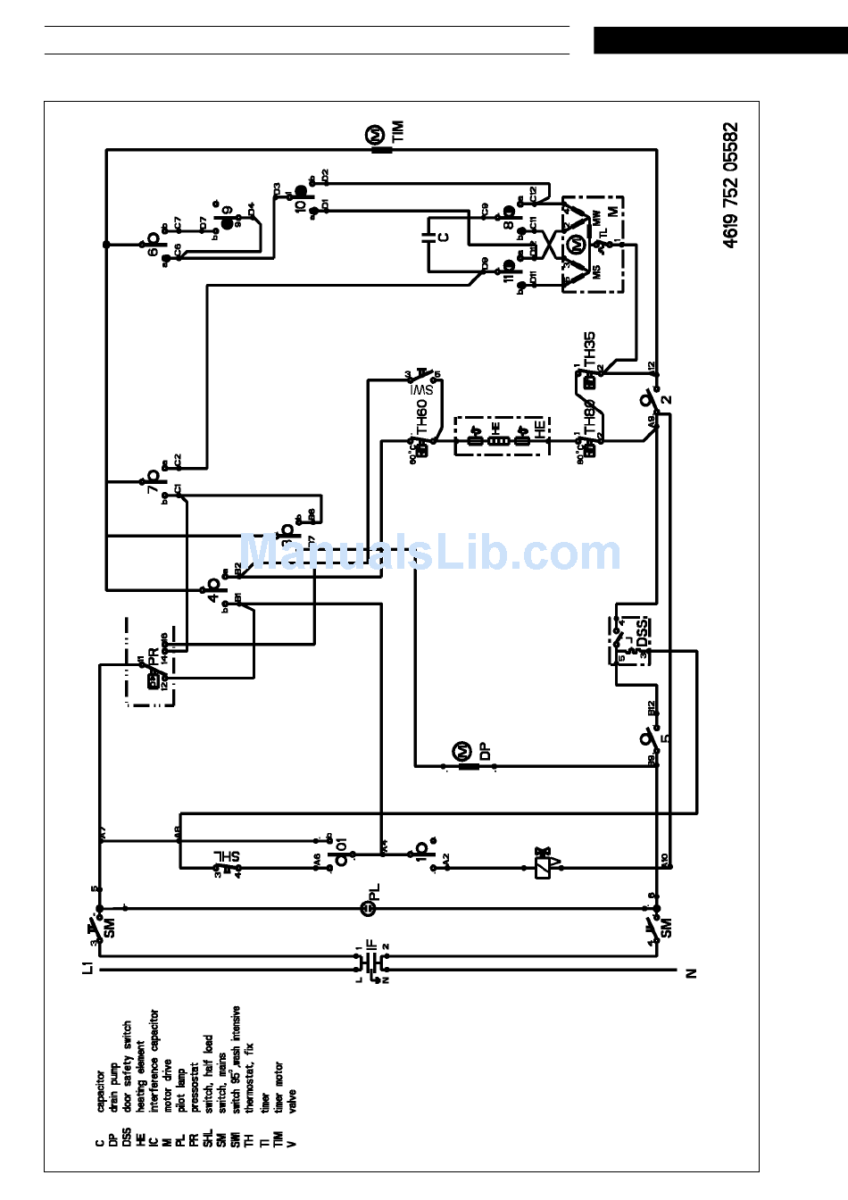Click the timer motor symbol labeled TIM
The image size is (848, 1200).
(x=378, y=137)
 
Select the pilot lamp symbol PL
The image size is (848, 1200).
(x=367, y=908)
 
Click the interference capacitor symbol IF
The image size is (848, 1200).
(x=373, y=961)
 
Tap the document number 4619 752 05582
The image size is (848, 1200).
(x=731, y=185)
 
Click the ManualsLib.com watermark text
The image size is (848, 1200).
(x=430, y=553)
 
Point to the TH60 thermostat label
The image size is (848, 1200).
(x=422, y=416)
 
